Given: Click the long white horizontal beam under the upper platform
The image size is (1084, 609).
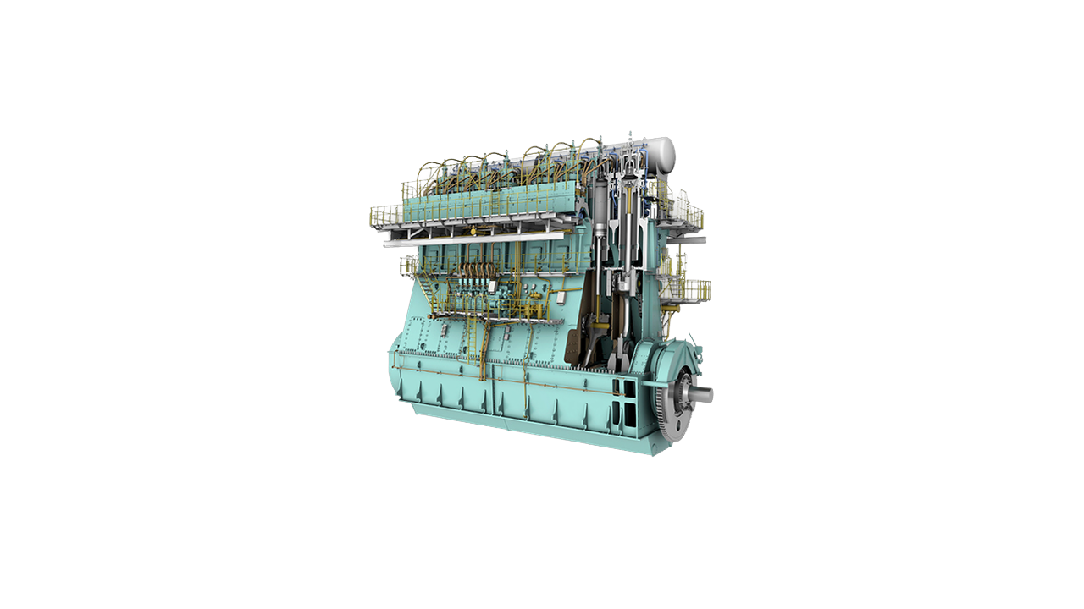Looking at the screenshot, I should [474, 239].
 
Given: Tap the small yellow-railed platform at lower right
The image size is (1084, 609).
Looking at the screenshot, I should [695, 291].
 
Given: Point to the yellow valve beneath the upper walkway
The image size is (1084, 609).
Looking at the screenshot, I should [473, 231].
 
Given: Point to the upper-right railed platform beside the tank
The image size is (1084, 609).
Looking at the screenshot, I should [686, 211].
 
